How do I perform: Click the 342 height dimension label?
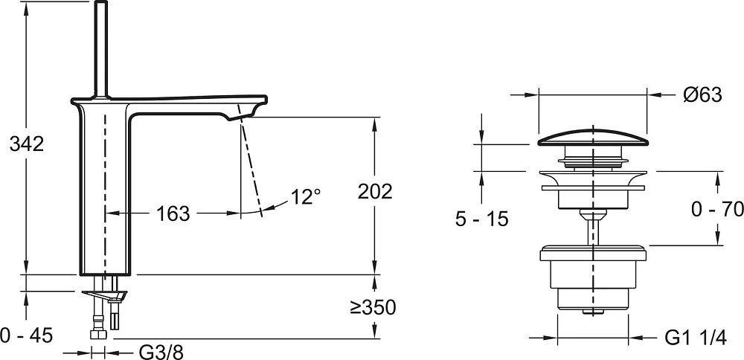coord(27,144)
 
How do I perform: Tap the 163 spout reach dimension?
coord(173,214)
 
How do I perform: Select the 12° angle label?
coord(306,196)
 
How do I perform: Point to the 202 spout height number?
coord(375,192)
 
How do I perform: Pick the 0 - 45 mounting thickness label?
coord(27,336)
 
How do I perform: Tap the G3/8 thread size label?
coord(161,353)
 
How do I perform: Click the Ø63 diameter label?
coord(702,95)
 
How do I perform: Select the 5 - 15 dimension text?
coord(481,219)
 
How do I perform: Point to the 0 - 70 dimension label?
coord(717,209)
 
